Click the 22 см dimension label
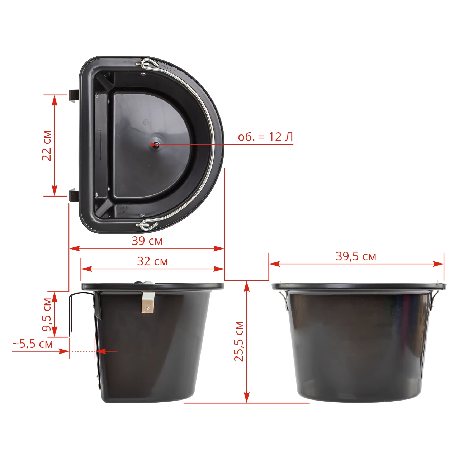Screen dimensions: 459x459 click(x=47, y=146)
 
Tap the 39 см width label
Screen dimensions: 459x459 click(x=147, y=241)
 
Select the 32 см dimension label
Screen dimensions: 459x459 click(x=152, y=261)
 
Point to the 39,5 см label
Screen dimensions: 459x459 click(x=356, y=256)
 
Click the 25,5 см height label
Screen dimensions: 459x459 click(x=239, y=342)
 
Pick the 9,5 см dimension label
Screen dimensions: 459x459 click(x=47, y=314)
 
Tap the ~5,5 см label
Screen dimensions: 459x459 click(x=33, y=344)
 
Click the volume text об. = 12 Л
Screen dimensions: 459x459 click(x=265, y=137)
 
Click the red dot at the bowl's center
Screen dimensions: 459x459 click(x=152, y=144)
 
